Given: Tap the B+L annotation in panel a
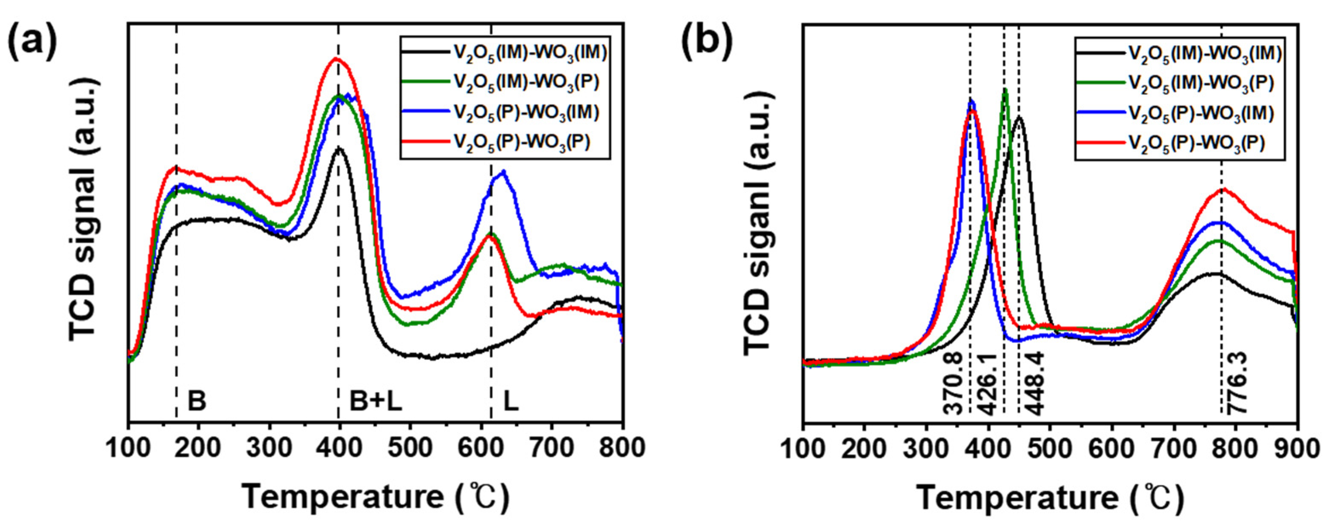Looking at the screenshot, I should pyautogui.click(x=376, y=401).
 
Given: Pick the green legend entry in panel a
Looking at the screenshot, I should pyautogui.click(x=526, y=83).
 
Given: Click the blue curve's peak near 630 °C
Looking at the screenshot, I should pyautogui.click(x=504, y=172).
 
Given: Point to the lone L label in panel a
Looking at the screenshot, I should pyautogui.click(x=511, y=401).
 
